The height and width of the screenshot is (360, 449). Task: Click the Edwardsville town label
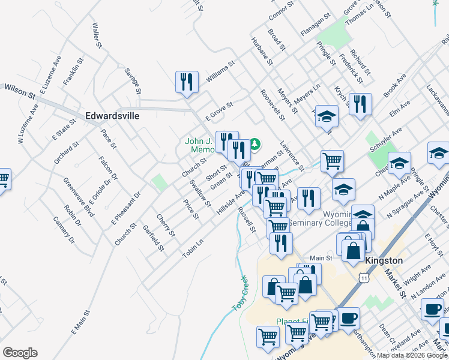click(x=112, y=116)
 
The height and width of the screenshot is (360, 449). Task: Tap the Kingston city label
click(x=384, y=261)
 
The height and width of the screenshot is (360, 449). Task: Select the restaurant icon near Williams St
click(x=187, y=82)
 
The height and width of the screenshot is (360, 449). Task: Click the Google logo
click(x=20, y=353)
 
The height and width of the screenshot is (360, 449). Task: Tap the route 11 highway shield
click(x=363, y=278)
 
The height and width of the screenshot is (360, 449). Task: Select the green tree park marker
click(x=255, y=144)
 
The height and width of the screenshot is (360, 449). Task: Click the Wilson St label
click(x=20, y=91)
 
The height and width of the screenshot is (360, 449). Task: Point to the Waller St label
click(x=95, y=35)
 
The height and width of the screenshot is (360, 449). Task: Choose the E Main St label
click(x=80, y=322)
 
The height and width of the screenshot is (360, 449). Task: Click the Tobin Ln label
click(x=193, y=248)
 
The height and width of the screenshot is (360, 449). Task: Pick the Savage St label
click(x=132, y=80)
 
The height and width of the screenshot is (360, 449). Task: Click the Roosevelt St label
click(x=272, y=106)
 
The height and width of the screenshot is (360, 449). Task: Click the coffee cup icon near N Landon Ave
click(x=432, y=309)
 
